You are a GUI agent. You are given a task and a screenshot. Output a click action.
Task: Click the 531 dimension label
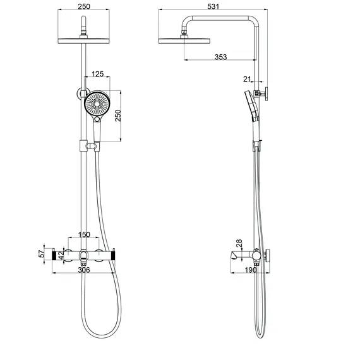coord(213,6)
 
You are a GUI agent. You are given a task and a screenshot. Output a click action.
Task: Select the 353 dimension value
coord(220,57)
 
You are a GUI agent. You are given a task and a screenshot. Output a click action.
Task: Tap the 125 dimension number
coord(97,74)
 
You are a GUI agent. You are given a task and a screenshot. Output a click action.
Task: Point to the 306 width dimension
coord(84,270)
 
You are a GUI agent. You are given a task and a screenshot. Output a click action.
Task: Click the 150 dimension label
coord(84,235)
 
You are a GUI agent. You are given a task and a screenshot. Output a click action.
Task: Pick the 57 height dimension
coord(42,254)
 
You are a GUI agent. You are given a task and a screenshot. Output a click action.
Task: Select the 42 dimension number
coord(61,255)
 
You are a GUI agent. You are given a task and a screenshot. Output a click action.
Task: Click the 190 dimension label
coord(251,270)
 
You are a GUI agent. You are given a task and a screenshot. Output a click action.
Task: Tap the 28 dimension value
coord(239,243)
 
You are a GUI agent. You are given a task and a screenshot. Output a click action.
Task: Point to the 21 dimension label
coord(247,79)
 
